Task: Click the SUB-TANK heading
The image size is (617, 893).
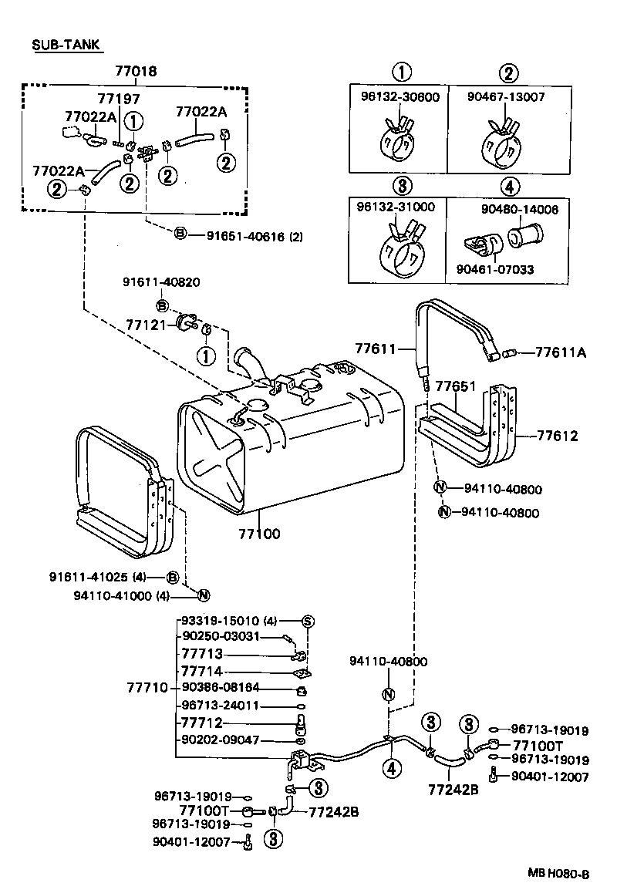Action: tap(66, 45)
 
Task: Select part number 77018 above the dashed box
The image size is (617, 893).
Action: tap(136, 72)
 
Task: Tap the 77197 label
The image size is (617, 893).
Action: tap(119, 98)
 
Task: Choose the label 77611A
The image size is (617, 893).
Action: tap(561, 352)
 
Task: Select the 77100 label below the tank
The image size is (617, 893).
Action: tap(259, 533)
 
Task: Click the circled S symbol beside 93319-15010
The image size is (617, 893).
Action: tap(306, 621)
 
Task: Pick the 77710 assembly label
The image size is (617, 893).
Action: tap(147, 686)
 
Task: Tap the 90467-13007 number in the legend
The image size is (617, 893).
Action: tap(506, 96)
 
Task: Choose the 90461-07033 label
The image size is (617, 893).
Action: tap(494, 269)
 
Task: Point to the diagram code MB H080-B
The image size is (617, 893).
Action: tap(558, 874)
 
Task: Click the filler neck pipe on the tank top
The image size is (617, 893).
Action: tap(248, 362)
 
